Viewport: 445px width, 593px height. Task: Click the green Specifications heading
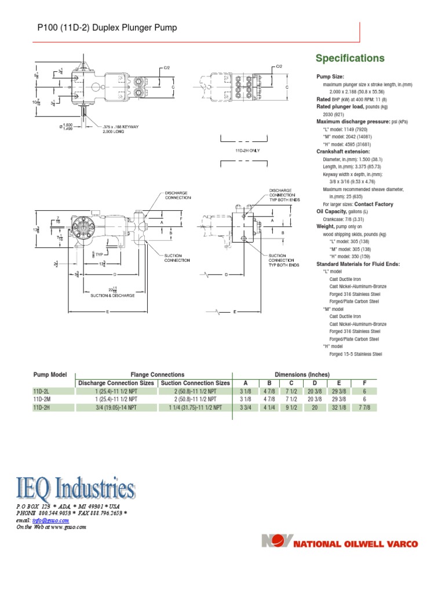pyautogui.click(x=349, y=58)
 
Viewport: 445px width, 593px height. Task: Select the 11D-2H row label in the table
pyautogui.click(x=42, y=408)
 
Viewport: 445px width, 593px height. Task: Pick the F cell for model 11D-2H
pyautogui.click(x=365, y=408)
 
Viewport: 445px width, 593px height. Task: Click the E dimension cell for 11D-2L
pyautogui.click(x=340, y=391)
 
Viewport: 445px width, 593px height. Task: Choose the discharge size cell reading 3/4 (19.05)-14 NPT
pyautogui.click(x=116, y=408)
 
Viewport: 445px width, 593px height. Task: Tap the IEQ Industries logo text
pyautogui.click(x=75, y=488)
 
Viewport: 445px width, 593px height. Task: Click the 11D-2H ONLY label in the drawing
pyautogui.click(x=247, y=150)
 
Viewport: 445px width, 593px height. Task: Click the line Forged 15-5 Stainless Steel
pyautogui.click(x=355, y=354)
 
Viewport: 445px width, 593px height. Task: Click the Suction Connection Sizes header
pyautogui.click(x=195, y=383)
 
